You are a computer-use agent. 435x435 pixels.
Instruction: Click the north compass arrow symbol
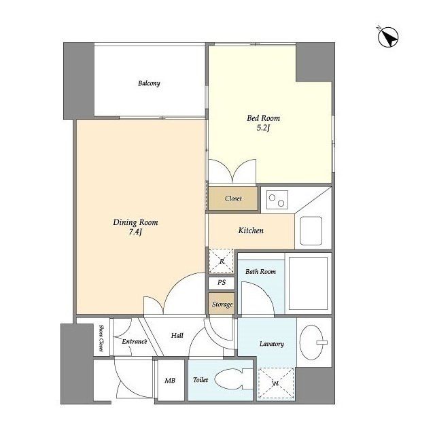(388, 37)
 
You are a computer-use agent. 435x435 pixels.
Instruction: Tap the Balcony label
(149, 83)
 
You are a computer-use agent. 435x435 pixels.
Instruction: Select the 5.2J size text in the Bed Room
(263, 128)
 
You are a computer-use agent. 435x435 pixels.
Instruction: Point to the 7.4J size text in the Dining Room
(135, 232)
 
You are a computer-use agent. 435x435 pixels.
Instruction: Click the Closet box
(233, 198)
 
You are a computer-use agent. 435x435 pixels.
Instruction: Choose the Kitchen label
(251, 230)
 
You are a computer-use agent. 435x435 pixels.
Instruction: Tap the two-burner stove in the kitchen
(277, 200)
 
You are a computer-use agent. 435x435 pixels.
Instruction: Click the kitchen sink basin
(311, 231)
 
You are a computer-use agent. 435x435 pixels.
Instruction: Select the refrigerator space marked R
(222, 261)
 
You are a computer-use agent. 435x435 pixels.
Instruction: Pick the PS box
(222, 283)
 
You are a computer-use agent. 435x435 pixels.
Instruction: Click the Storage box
(222, 304)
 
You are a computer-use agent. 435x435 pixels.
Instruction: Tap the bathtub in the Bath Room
(308, 283)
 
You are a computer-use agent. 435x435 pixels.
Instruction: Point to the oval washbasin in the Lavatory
(311, 343)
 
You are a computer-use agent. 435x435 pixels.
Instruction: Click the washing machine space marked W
(275, 383)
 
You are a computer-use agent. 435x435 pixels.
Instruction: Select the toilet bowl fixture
(234, 379)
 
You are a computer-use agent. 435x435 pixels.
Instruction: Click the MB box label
(170, 381)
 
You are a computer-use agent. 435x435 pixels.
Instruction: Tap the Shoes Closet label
(101, 338)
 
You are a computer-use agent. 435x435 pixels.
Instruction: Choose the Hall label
(177, 335)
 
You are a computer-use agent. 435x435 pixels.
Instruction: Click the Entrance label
(135, 341)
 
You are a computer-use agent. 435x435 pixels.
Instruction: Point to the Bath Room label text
(260, 272)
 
